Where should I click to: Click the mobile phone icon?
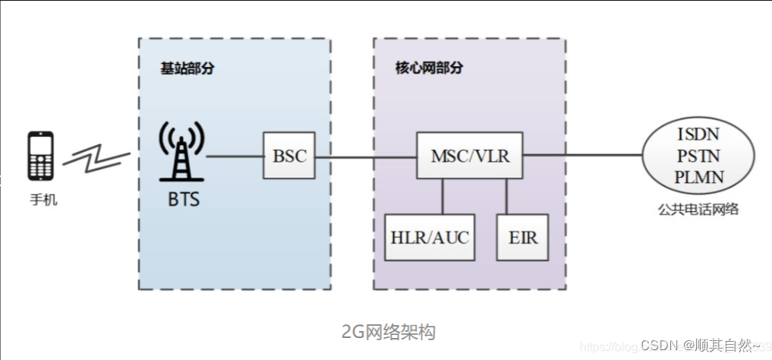click(41, 156)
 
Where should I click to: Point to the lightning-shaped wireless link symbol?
click(96, 157)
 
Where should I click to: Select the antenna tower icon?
click(181, 152)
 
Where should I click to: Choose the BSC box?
click(289, 156)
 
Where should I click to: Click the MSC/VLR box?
click(470, 156)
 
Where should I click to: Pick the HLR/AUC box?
click(430, 238)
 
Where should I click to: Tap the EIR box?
click(522, 238)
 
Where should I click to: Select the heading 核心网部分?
click(429, 68)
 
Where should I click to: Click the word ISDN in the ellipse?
click(699, 134)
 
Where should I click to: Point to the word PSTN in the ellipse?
click(699, 156)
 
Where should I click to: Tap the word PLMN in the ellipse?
click(699, 177)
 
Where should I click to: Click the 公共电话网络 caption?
click(699, 209)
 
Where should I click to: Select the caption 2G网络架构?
click(389, 332)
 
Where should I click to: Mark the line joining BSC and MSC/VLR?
click(365, 157)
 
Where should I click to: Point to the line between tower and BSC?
click(234, 157)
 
